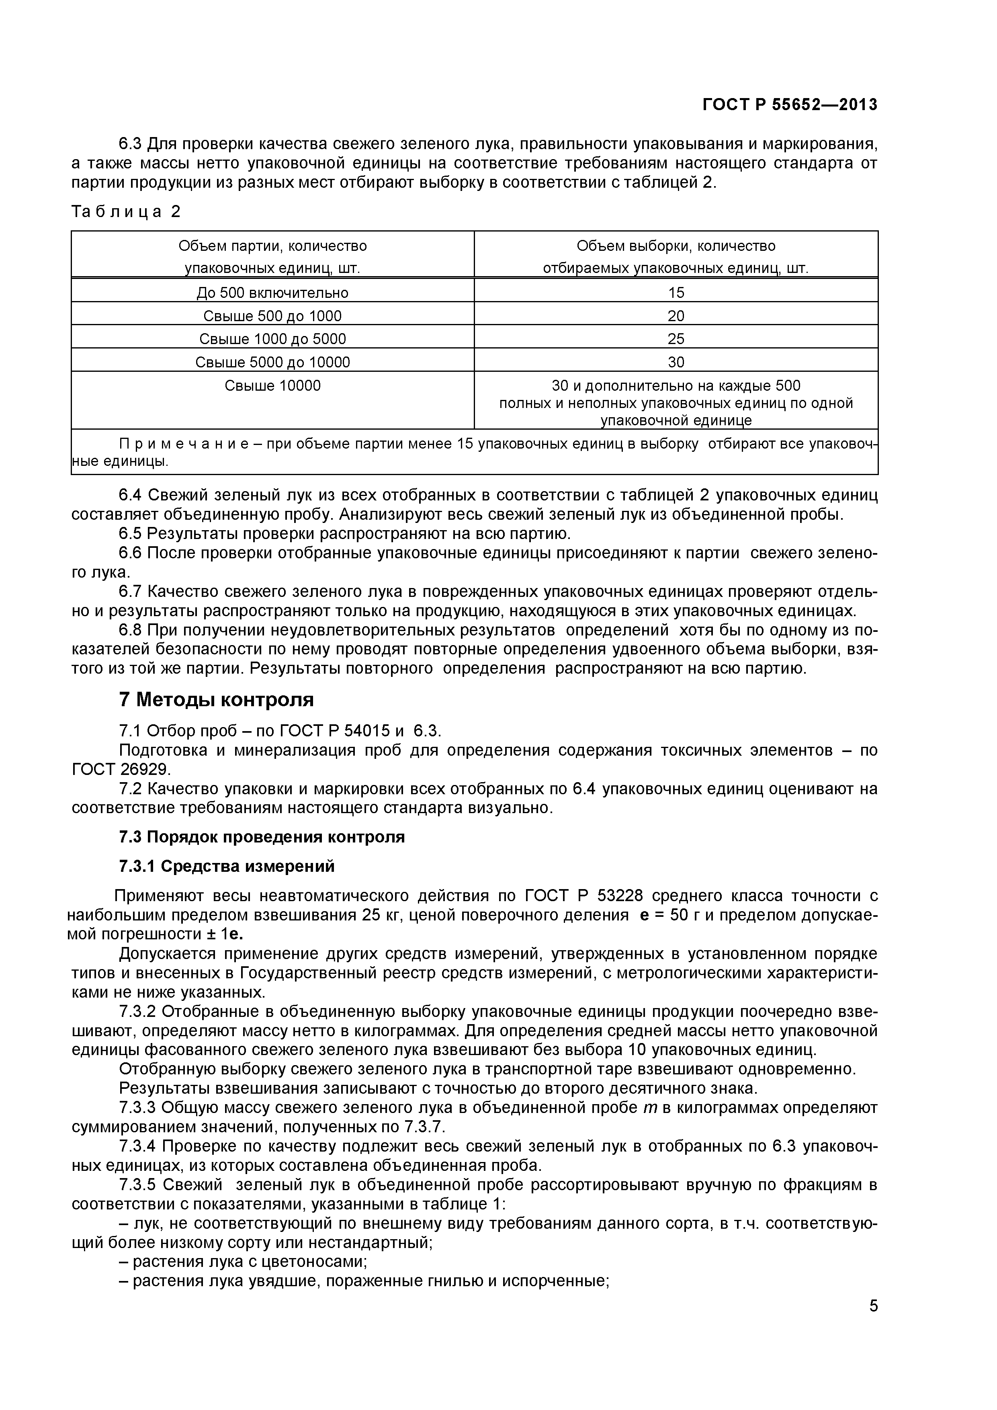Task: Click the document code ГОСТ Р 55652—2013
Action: tap(790, 105)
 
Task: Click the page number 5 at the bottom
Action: tap(873, 1322)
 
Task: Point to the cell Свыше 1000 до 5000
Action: tap(272, 339)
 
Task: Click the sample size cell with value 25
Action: tap(676, 339)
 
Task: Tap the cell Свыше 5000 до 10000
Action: tap(272, 362)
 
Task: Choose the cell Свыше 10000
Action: tap(272, 386)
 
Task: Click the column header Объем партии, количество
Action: tap(272, 246)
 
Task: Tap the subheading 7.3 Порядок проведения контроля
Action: tap(262, 837)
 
